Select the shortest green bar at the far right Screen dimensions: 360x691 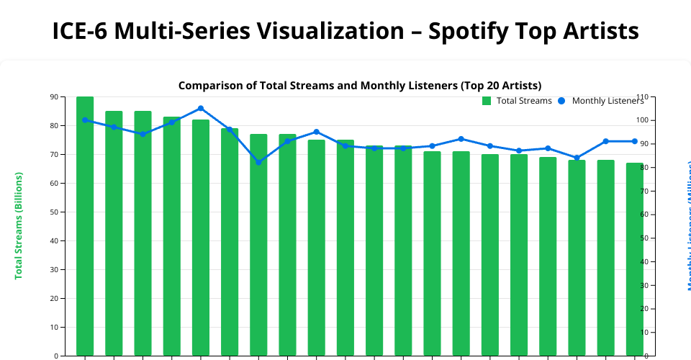[x=634, y=259]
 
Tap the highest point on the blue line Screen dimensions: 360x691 [x=201, y=109]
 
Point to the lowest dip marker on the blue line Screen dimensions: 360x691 [x=258, y=162]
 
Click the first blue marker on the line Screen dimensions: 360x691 [x=85, y=120]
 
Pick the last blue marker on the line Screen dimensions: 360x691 [x=634, y=141]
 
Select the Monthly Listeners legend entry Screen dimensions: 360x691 [x=608, y=101]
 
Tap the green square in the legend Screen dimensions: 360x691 [x=487, y=101]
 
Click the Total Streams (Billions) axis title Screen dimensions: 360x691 [x=19, y=225]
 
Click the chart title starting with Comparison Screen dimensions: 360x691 [x=360, y=86]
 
